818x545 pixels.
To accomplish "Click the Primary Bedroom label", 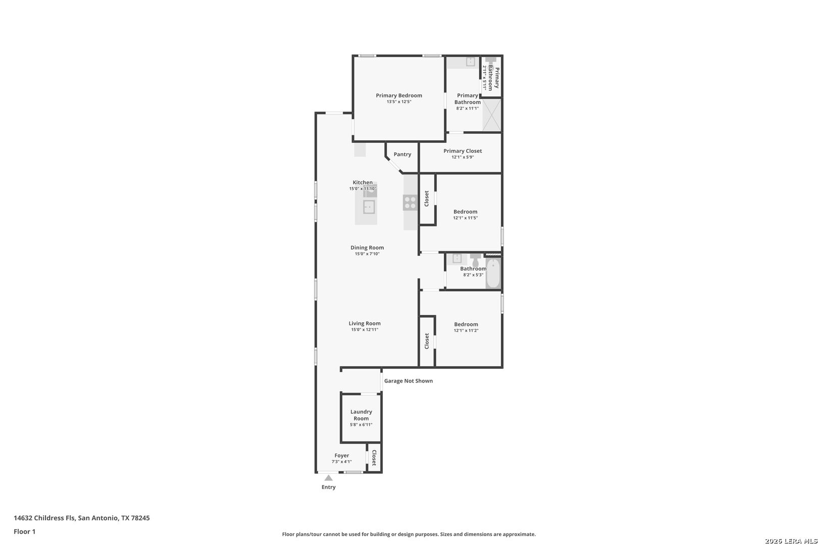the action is click(399, 96).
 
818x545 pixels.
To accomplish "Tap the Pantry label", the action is click(402, 154).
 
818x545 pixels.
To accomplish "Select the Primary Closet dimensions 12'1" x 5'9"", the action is click(463, 157).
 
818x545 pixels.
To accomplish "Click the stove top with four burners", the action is click(410, 202).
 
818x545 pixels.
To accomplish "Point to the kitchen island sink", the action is click(369, 207).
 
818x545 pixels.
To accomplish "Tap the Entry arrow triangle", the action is click(329, 478).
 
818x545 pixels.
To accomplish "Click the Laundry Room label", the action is click(361, 415).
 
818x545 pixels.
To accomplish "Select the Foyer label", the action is click(342, 456).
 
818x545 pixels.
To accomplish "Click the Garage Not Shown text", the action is click(408, 380).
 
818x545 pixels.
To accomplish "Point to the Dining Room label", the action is click(367, 247).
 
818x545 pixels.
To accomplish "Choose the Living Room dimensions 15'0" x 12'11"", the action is click(365, 330).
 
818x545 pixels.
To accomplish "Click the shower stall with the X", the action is click(491, 115).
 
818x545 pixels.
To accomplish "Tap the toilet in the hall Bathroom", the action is click(475, 260).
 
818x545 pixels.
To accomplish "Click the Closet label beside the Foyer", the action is click(374, 458).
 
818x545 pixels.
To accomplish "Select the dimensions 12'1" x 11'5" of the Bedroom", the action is click(465, 218).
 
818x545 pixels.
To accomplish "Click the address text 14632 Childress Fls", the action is click(44, 518).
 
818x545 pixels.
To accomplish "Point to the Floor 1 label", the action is click(24, 531).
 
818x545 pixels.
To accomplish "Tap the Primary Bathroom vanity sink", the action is click(471, 62).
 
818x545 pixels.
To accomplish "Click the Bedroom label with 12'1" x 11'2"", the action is click(466, 324).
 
